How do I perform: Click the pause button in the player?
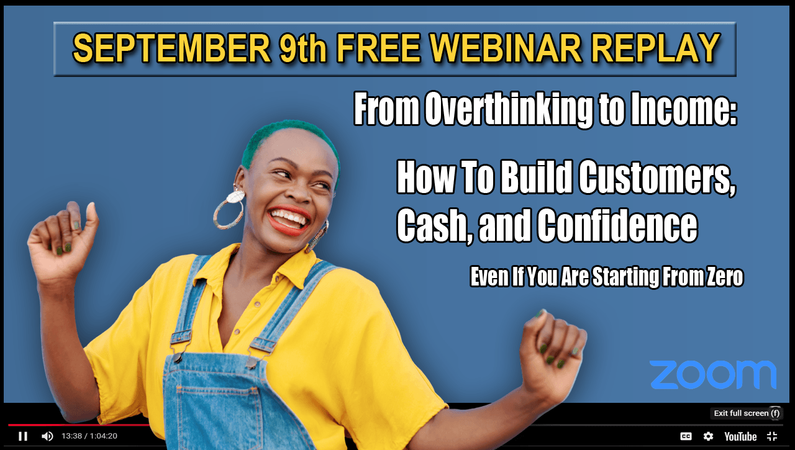(23, 436)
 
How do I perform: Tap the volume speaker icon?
(48, 436)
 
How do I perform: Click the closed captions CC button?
(686, 436)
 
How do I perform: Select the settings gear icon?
(708, 436)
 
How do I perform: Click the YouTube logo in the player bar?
(740, 436)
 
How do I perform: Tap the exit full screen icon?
(772, 436)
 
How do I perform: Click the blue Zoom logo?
(713, 374)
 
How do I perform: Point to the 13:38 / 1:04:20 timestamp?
(89, 436)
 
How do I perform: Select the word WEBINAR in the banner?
(506, 48)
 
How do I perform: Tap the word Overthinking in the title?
(509, 109)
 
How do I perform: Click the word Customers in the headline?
(657, 178)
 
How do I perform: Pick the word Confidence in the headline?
(617, 225)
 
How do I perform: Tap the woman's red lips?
(288, 220)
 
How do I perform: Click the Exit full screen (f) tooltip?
(747, 413)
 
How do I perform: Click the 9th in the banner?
(302, 48)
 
